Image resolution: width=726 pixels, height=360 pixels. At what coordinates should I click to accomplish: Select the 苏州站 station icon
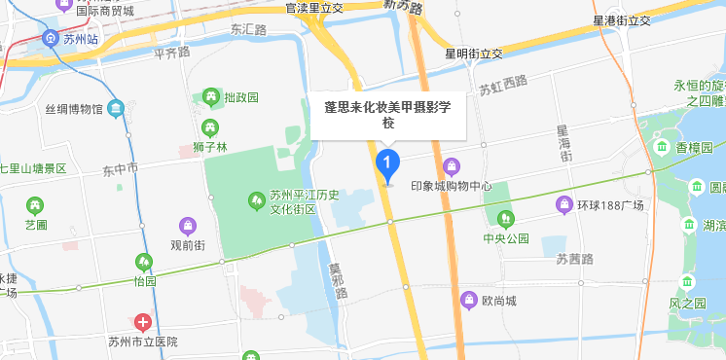click(51, 39)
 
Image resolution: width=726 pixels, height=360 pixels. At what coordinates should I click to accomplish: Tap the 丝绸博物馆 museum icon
click(116, 106)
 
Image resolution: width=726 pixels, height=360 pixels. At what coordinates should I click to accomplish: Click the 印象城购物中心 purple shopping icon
click(451, 166)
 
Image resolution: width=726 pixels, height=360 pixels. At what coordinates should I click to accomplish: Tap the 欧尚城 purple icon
click(469, 299)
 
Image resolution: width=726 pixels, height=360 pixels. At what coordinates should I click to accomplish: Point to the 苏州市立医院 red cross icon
click(143, 322)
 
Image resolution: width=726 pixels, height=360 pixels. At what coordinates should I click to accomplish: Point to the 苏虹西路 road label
click(502, 90)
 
